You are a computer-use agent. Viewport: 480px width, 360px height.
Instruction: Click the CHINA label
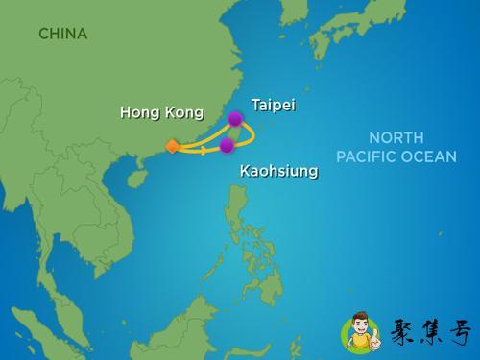point(62,34)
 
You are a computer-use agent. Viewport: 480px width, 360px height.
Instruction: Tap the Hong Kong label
point(161,112)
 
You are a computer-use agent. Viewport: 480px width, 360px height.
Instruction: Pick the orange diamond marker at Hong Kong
point(172,146)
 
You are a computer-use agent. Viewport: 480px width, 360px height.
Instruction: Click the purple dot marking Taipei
point(234,119)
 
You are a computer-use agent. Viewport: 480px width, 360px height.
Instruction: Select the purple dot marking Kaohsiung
point(227,146)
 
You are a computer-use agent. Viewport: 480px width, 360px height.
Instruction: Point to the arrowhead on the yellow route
point(204,150)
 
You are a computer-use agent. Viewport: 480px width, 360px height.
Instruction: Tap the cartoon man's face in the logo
point(357,324)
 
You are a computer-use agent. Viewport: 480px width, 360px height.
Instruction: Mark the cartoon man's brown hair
point(357,314)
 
